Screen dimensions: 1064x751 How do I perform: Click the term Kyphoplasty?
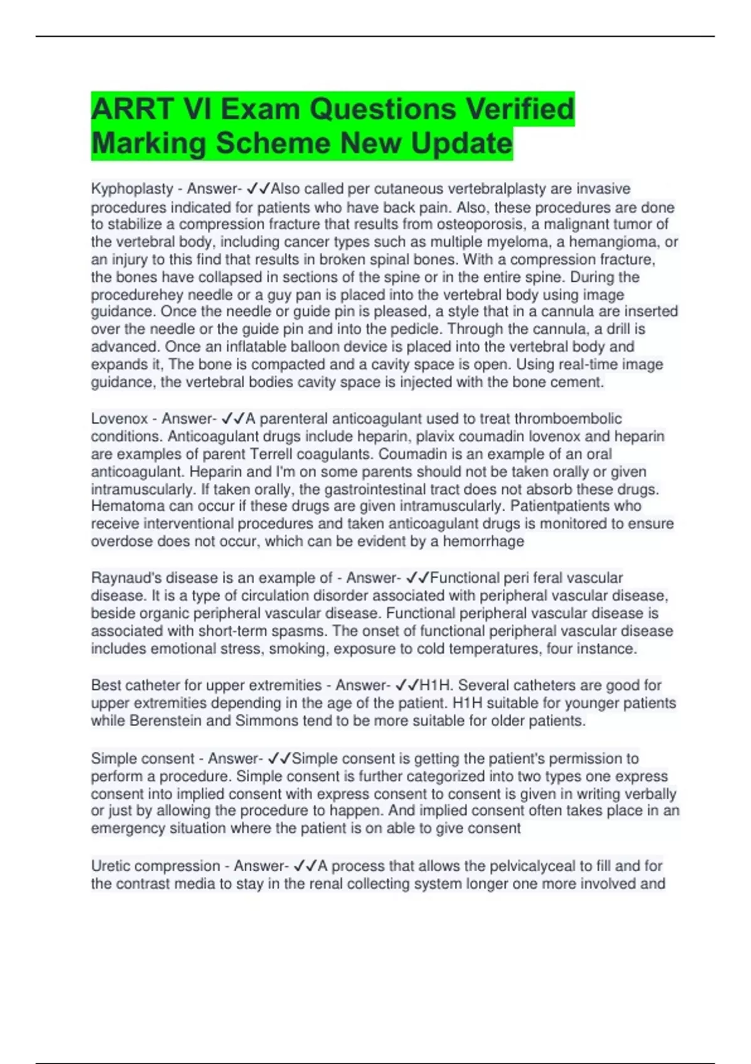tap(132, 189)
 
